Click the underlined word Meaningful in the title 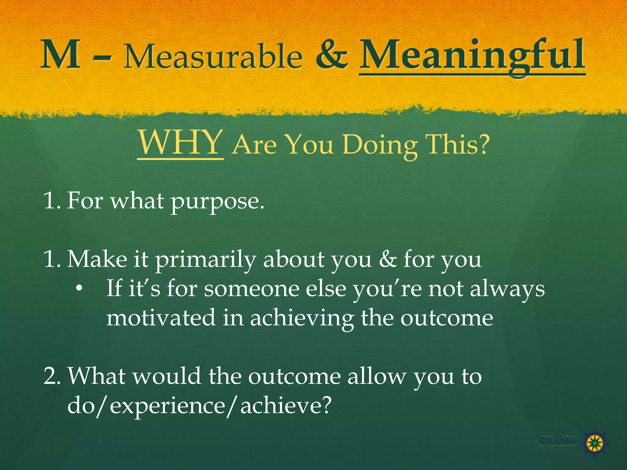[x=471, y=57]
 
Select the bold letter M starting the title [x=61, y=55]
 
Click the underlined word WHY [x=180, y=143]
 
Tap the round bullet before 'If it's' [x=79, y=289]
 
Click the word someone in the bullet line [x=252, y=289]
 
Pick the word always [x=507, y=289]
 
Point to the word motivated [x=161, y=318]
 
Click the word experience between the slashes [x=168, y=406]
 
